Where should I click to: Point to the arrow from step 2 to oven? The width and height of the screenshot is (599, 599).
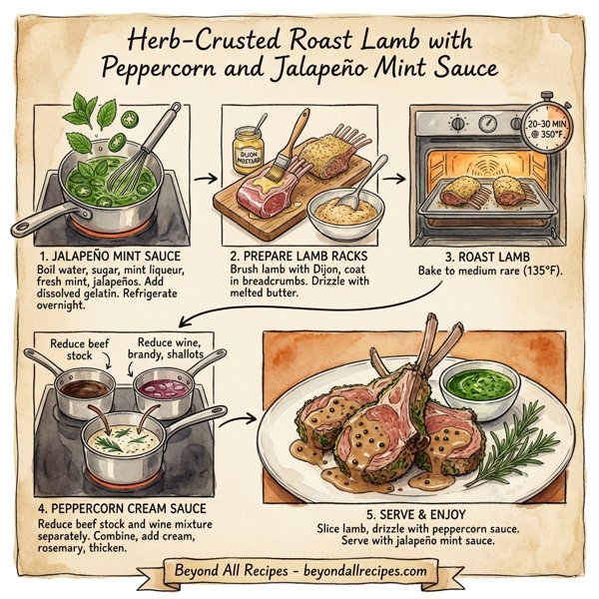pyautogui.click(x=393, y=180)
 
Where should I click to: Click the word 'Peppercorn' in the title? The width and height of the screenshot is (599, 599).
pyautogui.click(x=166, y=71)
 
